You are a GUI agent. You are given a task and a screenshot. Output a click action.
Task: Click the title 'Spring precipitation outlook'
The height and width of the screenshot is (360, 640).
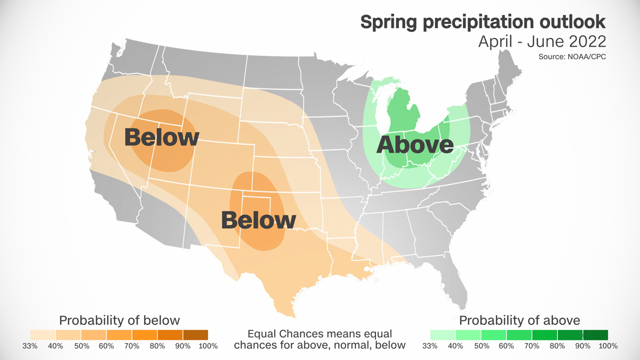pyautogui.click(x=483, y=22)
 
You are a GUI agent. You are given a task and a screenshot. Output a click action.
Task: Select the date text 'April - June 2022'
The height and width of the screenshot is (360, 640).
pyautogui.click(x=541, y=41)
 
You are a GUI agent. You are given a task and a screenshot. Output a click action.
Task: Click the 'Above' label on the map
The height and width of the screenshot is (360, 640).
pyautogui.click(x=415, y=145)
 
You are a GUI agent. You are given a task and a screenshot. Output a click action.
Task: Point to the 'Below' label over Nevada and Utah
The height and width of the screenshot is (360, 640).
pyautogui.click(x=162, y=137)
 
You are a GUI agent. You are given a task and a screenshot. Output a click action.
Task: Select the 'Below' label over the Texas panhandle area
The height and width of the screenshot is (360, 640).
pyautogui.click(x=258, y=220)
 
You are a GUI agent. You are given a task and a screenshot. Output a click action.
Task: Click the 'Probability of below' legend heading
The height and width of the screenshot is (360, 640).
pyautogui.click(x=119, y=320)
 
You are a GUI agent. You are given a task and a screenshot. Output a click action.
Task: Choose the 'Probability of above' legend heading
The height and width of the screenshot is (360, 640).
pyautogui.click(x=519, y=320)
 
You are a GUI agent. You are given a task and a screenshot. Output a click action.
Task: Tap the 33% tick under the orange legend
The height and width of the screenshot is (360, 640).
pyautogui.click(x=30, y=346)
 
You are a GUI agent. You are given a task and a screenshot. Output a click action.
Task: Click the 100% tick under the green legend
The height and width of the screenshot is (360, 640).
pyautogui.click(x=607, y=346)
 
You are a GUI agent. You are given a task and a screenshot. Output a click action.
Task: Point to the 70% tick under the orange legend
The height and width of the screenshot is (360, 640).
pyautogui.click(x=132, y=346)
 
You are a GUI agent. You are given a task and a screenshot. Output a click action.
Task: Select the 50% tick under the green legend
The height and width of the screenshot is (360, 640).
pyautogui.click(x=481, y=346)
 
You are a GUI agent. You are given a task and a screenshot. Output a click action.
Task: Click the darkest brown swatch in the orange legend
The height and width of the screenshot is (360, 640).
pyautogui.click(x=195, y=334)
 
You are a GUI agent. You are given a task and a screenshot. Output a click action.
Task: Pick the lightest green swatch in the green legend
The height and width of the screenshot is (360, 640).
pyautogui.click(x=443, y=334)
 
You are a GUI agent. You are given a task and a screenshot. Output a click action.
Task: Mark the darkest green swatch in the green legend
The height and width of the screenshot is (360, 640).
pyautogui.click(x=595, y=334)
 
